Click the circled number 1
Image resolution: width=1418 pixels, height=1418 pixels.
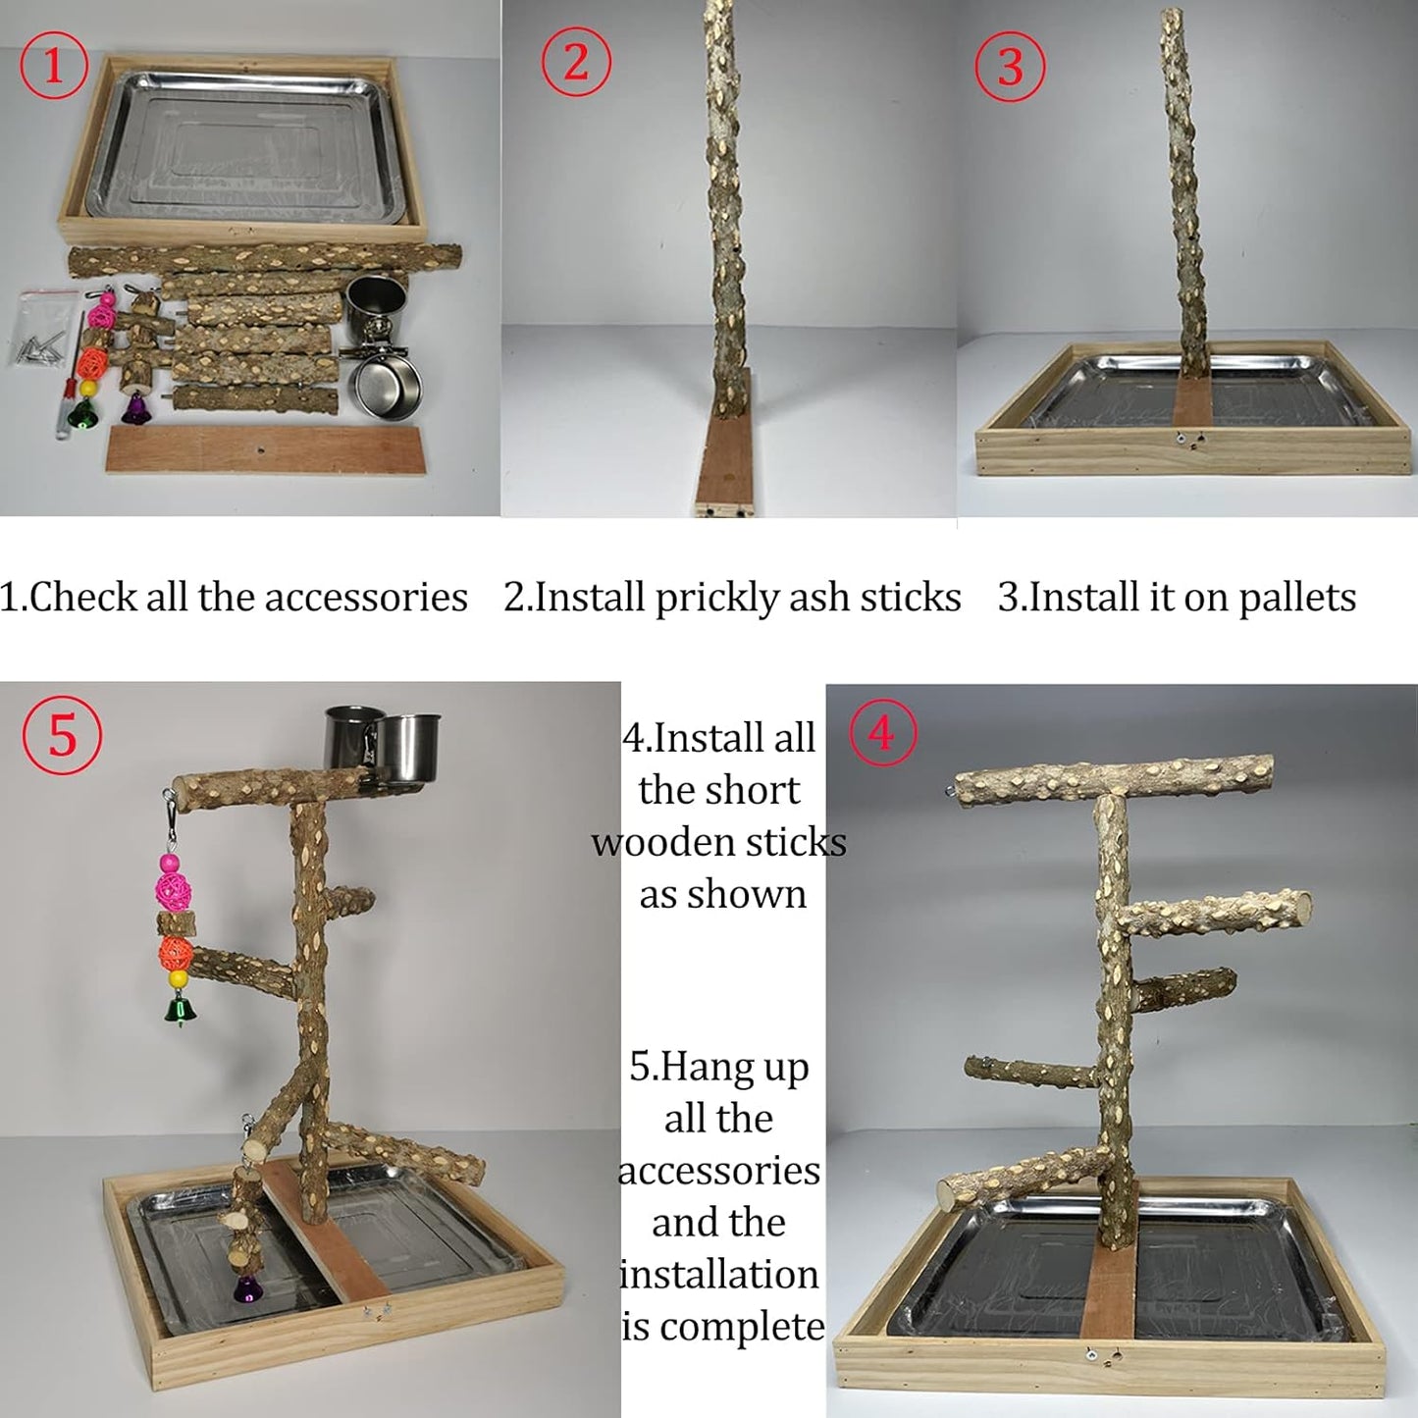coord(54,66)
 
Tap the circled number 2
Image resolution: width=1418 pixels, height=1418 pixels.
coord(576,63)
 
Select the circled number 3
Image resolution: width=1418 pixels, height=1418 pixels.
coord(1010,67)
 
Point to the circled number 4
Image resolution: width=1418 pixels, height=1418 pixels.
coord(882,733)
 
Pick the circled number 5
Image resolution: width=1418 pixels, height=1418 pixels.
coord(62,735)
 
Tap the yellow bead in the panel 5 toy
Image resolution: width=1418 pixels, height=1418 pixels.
coord(178,978)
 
